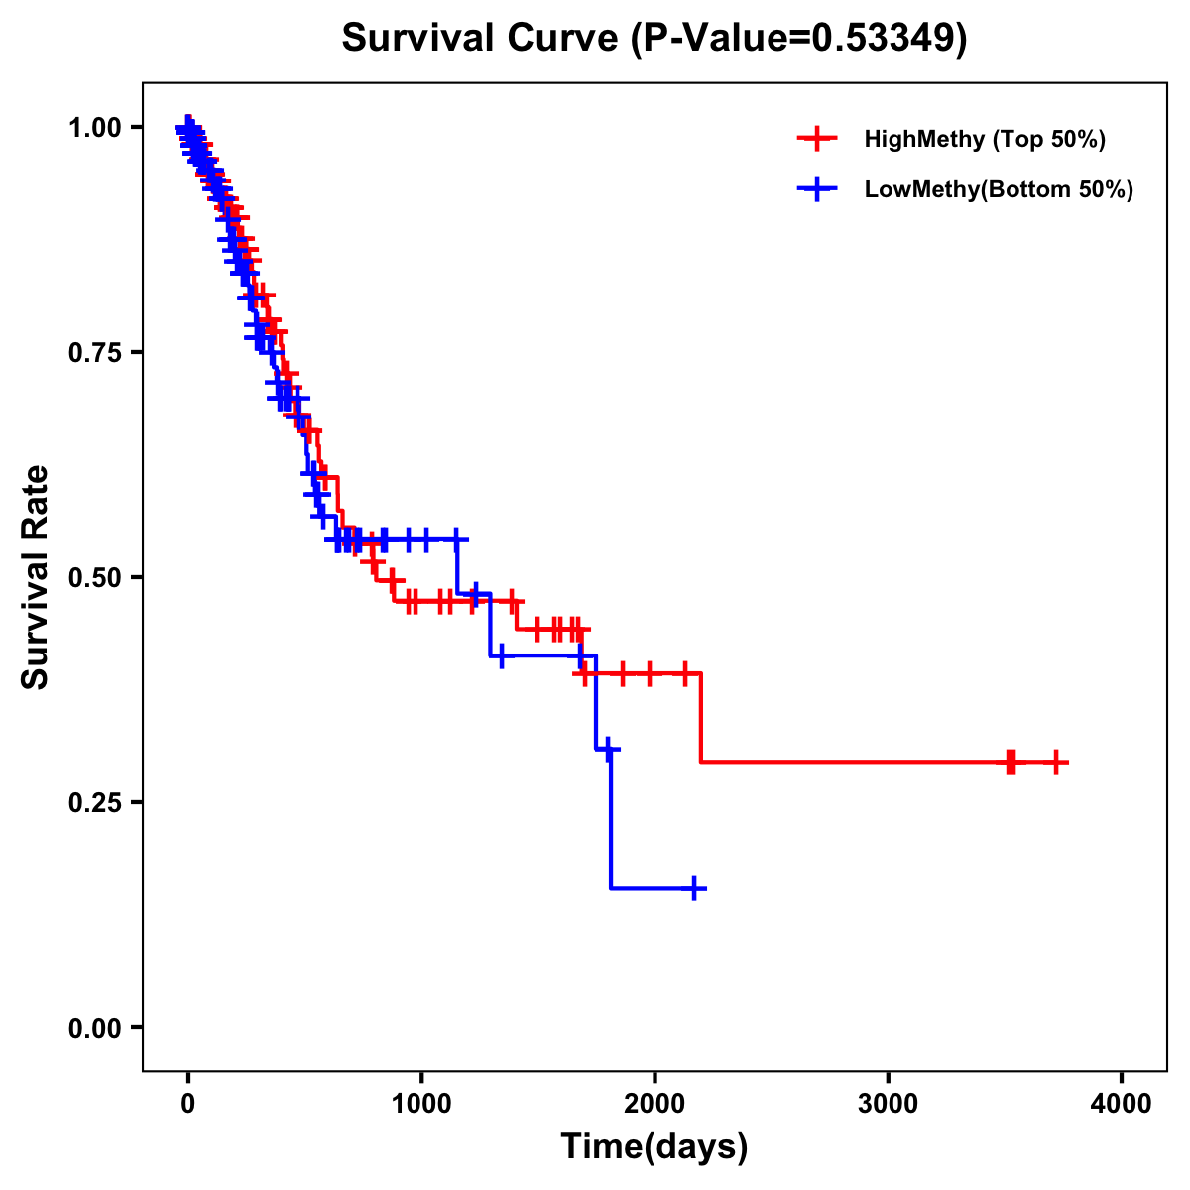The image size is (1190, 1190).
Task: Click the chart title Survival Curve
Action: click(x=482, y=38)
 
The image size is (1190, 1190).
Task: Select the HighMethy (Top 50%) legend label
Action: click(x=984, y=139)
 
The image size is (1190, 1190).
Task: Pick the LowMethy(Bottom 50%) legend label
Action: click(x=998, y=189)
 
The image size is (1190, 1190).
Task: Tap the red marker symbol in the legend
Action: click(x=816, y=139)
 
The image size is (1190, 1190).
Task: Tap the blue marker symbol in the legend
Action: click(x=816, y=189)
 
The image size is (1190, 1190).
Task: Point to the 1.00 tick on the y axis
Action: click(x=94, y=128)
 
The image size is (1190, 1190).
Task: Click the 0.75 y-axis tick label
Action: click(x=94, y=353)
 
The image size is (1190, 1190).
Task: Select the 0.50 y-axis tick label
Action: click(x=94, y=578)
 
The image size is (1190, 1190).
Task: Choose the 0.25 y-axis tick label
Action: click(x=94, y=803)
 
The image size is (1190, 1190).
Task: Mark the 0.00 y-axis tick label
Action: click(x=94, y=1028)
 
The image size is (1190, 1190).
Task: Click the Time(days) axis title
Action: click(x=654, y=1147)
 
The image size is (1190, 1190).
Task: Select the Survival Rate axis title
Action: click(x=36, y=577)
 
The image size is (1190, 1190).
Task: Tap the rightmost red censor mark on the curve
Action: click(x=1056, y=762)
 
